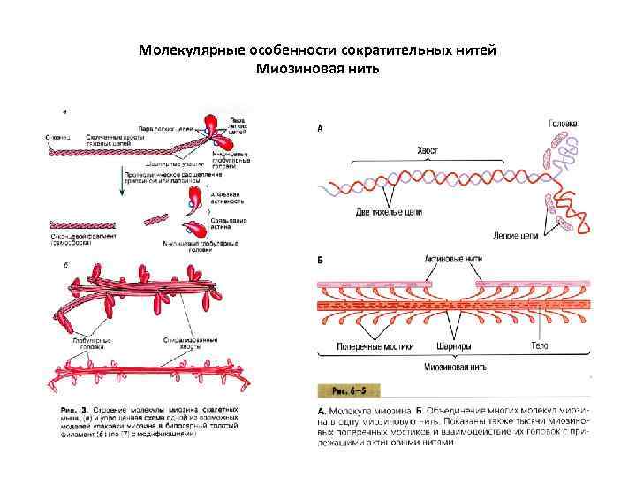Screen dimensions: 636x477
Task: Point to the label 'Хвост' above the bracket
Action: [x=428, y=151]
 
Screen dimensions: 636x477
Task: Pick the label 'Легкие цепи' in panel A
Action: [x=516, y=237]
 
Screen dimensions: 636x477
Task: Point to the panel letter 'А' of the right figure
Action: [x=320, y=129]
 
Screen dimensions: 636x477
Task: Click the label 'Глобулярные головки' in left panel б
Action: [x=87, y=341]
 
